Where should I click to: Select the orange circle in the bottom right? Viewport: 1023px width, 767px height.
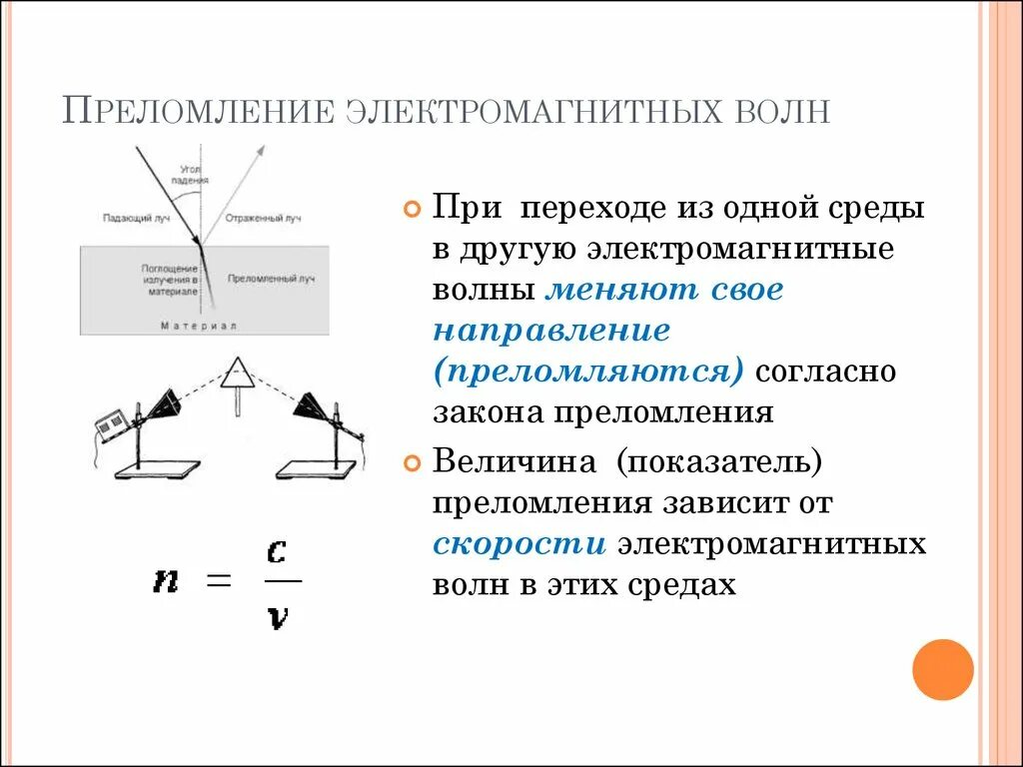(942, 669)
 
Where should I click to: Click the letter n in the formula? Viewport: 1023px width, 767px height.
(166, 580)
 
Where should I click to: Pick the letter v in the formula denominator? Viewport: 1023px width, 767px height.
(279, 618)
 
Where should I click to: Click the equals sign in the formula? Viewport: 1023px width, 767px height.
(219, 580)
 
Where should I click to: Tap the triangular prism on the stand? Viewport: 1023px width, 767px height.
(238, 374)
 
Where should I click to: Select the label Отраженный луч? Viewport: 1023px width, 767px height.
(263, 218)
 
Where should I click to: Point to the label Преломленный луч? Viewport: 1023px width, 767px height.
(271, 280)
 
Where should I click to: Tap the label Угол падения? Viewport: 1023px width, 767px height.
(192, 176)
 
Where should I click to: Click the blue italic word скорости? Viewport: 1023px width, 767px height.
(519, 545)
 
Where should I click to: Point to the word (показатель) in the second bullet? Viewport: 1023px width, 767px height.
(718, 463)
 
